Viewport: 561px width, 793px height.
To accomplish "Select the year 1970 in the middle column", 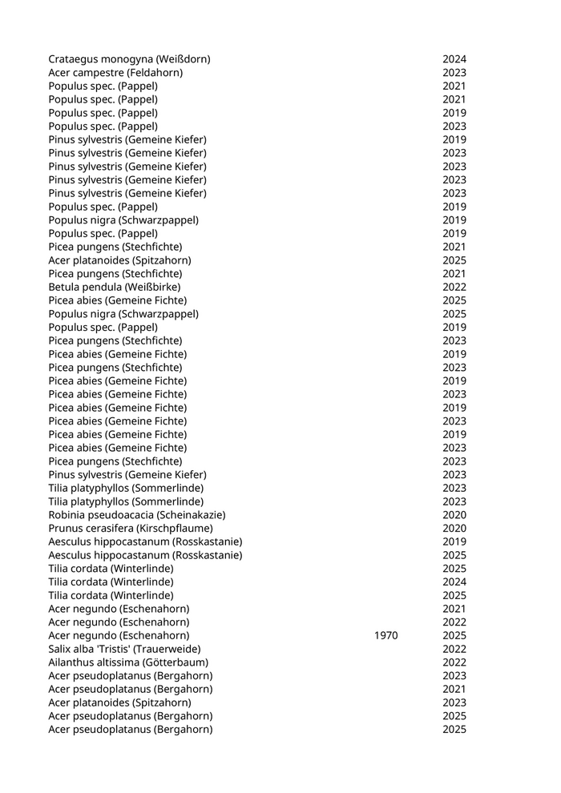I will click(x=385, y=636).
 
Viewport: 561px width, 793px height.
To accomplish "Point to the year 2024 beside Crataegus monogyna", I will click(x=454, y=59).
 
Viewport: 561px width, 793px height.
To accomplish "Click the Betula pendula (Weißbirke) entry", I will click(x=114, y=287).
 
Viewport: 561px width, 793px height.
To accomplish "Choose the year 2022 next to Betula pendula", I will click(x=454, y=287).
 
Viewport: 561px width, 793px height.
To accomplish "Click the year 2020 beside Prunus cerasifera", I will click(x=454, y=529).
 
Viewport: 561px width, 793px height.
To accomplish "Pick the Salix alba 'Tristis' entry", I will click(x=124, y=649).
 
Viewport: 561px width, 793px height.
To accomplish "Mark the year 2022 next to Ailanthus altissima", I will click(x=454, y=662).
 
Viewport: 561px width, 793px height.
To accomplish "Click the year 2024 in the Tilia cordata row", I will click(x=454, y=582).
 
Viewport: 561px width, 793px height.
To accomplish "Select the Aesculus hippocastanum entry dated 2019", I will click(x=145, y=541).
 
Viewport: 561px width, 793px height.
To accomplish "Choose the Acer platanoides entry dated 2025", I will click(x=119, y=260).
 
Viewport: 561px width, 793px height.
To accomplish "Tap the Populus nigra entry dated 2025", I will click(x=123, y=314).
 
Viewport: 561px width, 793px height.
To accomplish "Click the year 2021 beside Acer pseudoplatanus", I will click(x=454, y=690).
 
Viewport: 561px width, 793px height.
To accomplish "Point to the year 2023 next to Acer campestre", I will click(x=454, y=73).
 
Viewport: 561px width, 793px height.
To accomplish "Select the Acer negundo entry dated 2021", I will click(x=119, y=609).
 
